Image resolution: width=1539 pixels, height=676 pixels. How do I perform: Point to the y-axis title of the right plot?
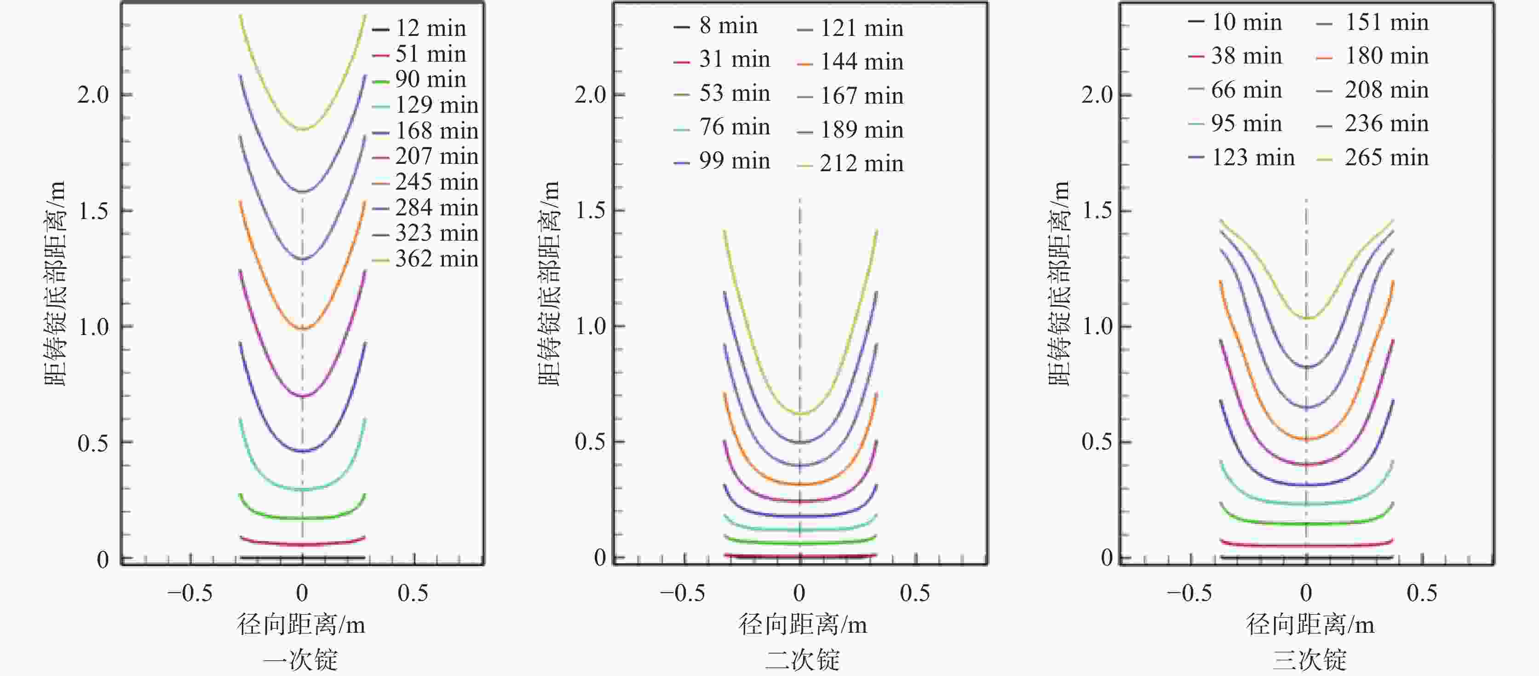1059,283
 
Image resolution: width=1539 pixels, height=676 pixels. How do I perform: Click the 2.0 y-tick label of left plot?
93,94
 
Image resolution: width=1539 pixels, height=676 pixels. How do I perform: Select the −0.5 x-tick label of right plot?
1189,593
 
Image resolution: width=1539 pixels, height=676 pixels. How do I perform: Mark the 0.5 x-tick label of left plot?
413,593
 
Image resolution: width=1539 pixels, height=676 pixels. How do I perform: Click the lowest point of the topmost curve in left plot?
303,129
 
